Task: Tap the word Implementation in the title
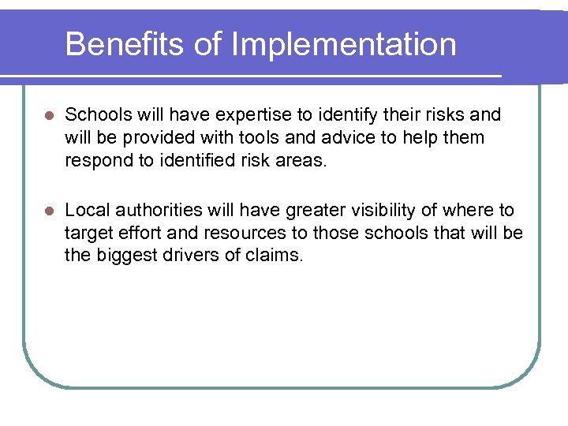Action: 343,44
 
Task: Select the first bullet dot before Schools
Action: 49,116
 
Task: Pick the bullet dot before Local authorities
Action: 49,211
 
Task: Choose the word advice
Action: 336,138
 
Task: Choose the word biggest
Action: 126,256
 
